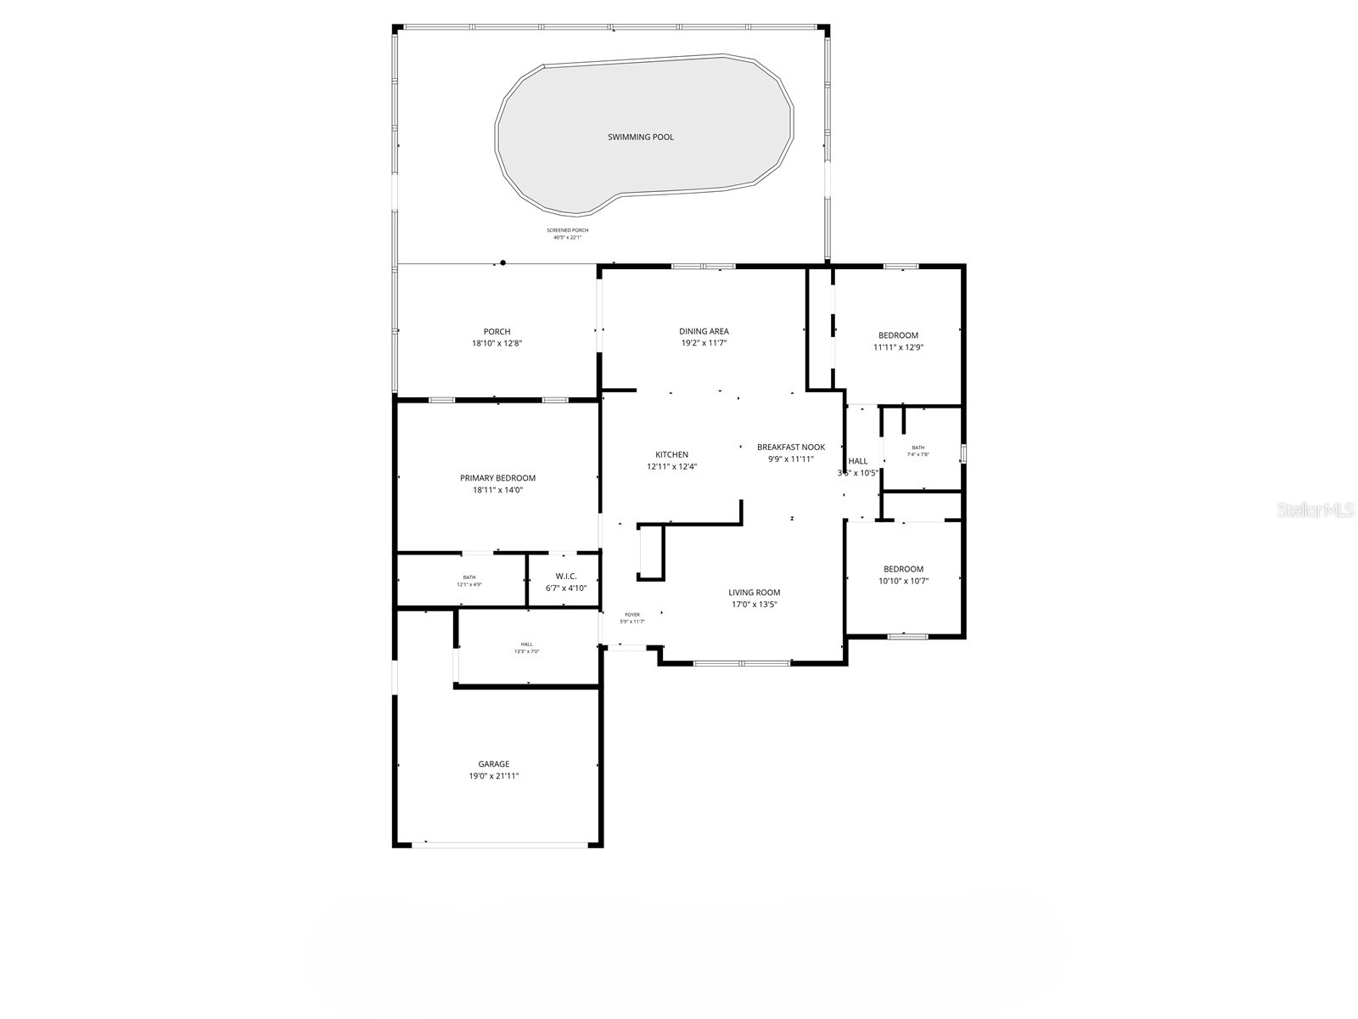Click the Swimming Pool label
[x=641, y=137]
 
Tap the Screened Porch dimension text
[x=567, y=238]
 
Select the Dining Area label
[x=704, y=331]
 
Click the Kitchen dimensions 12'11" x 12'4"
[x=671, y=466]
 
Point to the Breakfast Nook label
[x=791, y=447]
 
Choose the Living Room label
[x=754, y=593]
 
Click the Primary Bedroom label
[x=497, y=478]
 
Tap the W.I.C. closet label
[x=566, y=577]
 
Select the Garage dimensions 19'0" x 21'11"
[x=493, y=776]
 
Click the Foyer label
[x=632, y=615]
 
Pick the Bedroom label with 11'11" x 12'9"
[x=898, y=335]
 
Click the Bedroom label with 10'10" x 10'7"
[x=903, y=569]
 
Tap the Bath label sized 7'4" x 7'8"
[x=918, y=448]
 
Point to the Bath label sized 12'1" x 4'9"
[x=469, y=577]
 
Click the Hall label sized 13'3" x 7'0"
[x=527, y=645]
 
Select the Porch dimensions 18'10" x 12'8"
[x=497, y=344]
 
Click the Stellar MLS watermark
[x=1321, y=509]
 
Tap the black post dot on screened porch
[x=503, y=263]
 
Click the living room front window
[x=743, y=662]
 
